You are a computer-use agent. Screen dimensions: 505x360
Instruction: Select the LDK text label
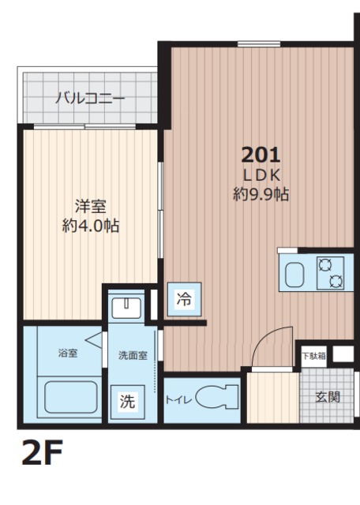(x=261, y=174)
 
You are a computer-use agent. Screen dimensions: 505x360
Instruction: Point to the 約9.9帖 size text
(x=261, y=194)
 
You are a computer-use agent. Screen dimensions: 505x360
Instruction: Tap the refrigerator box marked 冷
(x=183, y=299)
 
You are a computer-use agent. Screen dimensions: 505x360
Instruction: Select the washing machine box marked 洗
(x=126, y=401)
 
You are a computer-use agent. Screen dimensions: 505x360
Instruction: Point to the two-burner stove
(x=330, y=273)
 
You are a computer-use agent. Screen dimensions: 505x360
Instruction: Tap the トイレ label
(x=178, y=399)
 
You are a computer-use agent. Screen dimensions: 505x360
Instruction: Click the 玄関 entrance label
(x=328, y=396)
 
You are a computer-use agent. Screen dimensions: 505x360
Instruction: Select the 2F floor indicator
(x=37, y=454)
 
